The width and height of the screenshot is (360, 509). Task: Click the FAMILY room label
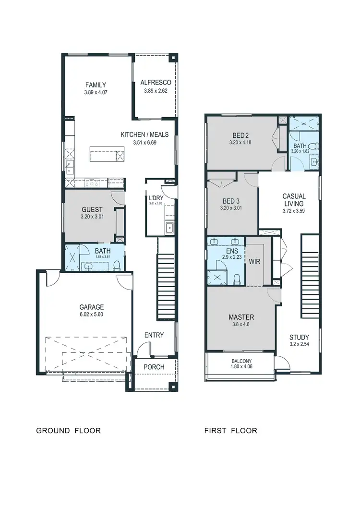96,85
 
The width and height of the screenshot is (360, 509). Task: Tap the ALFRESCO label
156,83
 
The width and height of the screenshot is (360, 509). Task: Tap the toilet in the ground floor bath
116,266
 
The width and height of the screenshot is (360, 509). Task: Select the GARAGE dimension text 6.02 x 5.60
91,315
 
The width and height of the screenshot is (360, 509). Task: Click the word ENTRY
154,335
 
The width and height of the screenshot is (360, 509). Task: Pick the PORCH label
154,367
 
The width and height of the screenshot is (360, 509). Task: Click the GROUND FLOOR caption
69,430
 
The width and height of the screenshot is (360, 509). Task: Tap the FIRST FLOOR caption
230,430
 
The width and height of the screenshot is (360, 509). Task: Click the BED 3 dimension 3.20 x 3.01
231,208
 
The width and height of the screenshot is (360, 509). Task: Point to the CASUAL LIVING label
294,200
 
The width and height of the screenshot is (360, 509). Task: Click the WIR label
254,262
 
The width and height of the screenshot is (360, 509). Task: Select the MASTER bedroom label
241,317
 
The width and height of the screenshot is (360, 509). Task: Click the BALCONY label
241,362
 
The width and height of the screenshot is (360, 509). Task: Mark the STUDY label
299,337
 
